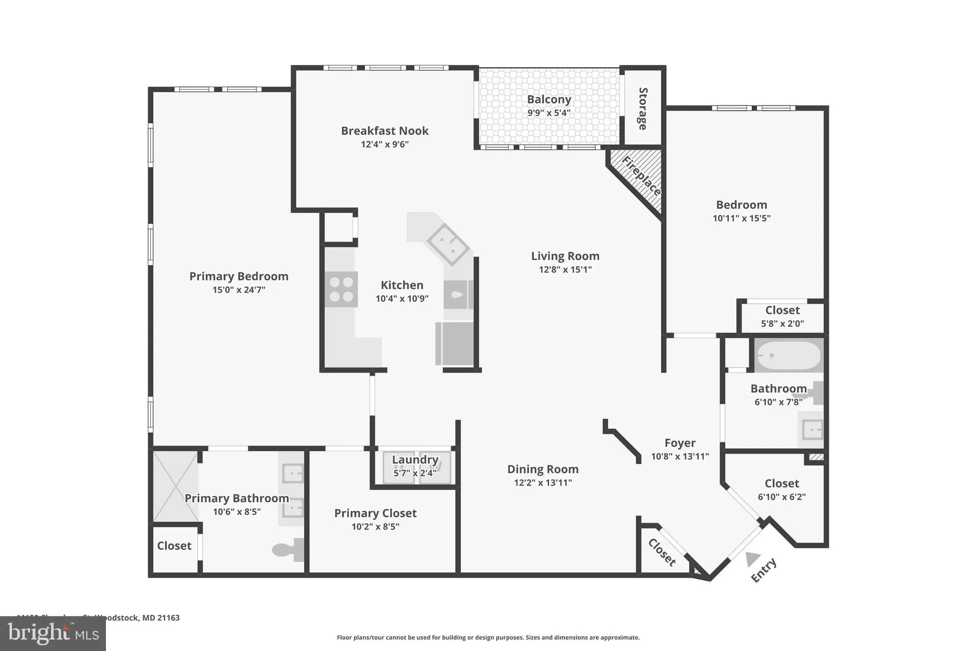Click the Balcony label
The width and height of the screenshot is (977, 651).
tap(549, 100)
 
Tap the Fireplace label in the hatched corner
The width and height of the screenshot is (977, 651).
tap(641, 176)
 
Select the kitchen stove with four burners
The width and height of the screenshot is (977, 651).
tap(341, 289)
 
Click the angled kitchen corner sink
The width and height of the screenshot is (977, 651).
tap(448, 244)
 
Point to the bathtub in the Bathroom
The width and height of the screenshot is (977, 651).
tap(788, 356)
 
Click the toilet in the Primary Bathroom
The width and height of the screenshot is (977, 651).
tap(288, 550)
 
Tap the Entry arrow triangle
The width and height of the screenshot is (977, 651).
tap(753, 558)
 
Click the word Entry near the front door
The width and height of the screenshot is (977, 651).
tap(763, 570)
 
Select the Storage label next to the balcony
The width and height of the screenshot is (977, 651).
tap(643, 108)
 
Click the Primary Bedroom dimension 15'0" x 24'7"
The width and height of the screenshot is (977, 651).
tap(238, 290)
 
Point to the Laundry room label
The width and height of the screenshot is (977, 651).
tap(415, 460)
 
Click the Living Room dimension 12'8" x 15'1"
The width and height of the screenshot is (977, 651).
tap(565, 270)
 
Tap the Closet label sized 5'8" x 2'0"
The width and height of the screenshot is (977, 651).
tap(782, 311)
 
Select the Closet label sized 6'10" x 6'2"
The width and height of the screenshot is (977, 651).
tap(782, 483)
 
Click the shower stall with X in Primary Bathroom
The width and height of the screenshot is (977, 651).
tap(175, 486)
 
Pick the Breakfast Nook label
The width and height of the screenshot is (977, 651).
tap(384, 131)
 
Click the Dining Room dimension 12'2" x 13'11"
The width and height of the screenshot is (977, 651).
tap(543, 483)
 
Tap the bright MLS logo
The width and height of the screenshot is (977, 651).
tap(53, 634)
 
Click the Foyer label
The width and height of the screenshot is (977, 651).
tap(680, 443)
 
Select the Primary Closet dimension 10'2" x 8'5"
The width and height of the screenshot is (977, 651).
tap(375, 527)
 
